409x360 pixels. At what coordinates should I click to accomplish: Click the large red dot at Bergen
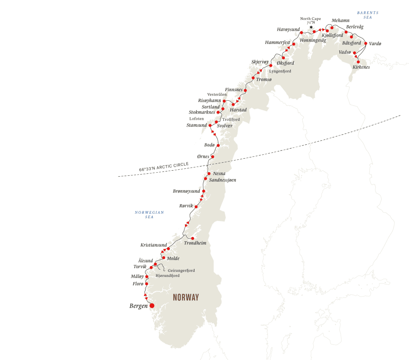click(152, 306)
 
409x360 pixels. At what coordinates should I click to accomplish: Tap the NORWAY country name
click(186, 298)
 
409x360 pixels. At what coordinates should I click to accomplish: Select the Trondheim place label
click(195, 243)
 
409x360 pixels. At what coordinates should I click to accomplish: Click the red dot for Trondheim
click(193, 238)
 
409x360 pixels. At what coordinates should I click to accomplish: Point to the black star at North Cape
click(311, 28)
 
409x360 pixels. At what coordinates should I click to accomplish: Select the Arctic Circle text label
click(164, 167)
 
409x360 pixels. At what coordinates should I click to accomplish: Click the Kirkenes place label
click(361, 67)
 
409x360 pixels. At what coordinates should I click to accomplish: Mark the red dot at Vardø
click(365, 43)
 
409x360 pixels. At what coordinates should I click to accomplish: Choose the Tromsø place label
click(264, 80)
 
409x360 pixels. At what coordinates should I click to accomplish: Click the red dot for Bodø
click(218, 145)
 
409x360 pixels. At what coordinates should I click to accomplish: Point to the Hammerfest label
click(278, 42)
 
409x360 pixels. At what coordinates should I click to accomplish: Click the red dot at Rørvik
click(196, 207)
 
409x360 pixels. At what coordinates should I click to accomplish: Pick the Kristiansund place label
click(154, 245)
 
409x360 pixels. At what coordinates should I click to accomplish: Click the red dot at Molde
click(164, 258)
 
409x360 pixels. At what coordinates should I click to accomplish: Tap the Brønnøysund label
click(187, 191)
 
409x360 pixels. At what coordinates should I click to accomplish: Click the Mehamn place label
click(340, 20)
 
